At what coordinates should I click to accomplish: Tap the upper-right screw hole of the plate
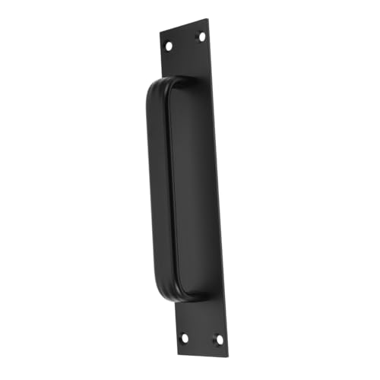[201, 35]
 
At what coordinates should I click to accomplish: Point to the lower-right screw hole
[218, 340]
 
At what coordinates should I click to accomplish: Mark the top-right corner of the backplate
[207, 20]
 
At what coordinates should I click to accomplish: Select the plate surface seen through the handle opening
[194, 190]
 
